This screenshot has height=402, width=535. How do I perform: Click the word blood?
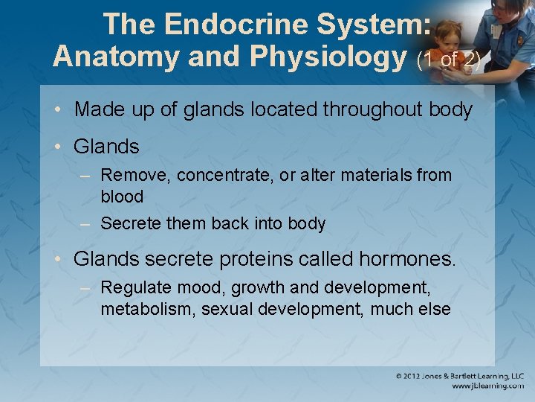[x=122, y=197]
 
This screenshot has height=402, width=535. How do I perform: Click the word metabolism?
[x=148, y=309]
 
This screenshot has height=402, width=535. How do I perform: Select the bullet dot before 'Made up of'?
[x=58, y=110]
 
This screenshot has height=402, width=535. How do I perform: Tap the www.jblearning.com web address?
[x=487, y=386]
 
